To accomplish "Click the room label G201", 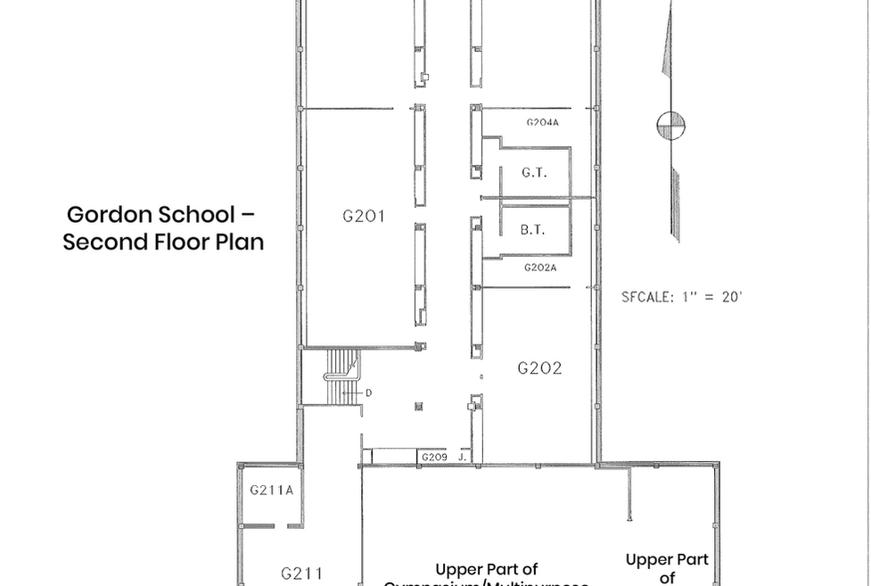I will click(363, 215).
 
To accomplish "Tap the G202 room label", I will click(539, 367).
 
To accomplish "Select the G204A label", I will click(541, 122).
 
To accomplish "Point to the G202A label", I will click(540, 268).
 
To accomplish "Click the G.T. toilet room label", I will click(533, 173).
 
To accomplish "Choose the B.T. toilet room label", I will click(532, 230).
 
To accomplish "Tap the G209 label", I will click(432, 458).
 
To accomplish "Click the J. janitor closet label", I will click(462, 458).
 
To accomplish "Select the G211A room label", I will click(271, 490).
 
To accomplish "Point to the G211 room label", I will click(301, 574).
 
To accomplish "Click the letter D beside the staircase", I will click(368, 392).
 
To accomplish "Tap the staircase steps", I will click(339, 375).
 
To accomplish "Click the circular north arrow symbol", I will click(670, 126).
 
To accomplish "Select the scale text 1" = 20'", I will click(709, 297).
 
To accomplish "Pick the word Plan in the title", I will click(237, 242).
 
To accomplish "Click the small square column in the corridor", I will click(417, 407).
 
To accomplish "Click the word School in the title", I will click(196, 215).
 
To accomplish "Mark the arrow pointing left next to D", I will click(353, 392).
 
